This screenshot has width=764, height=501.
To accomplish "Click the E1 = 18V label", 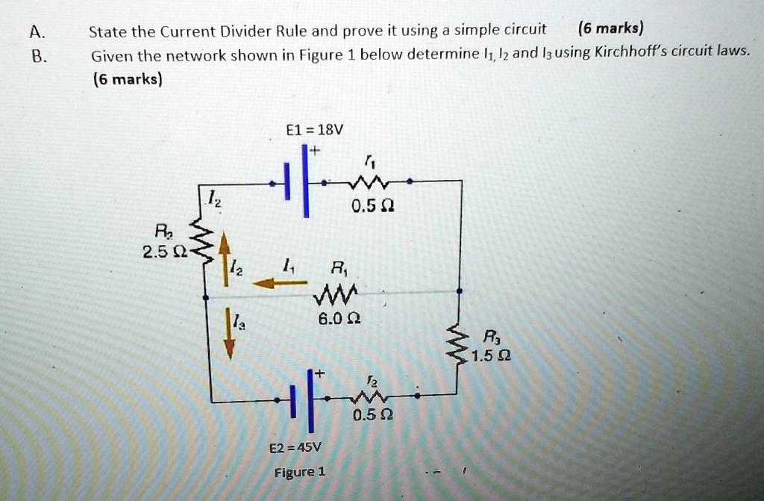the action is [314, 130].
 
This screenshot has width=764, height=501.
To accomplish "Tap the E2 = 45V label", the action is [295, 447].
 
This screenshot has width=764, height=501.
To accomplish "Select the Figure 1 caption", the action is [299, 472].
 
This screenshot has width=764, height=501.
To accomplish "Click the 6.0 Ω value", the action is [339, 319].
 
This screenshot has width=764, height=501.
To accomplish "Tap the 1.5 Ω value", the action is [491, 356].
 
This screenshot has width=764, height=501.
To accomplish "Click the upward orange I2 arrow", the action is [225, 258].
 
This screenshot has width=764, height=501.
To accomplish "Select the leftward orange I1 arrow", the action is [280, 282].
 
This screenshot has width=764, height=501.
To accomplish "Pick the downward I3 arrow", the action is [229, 334].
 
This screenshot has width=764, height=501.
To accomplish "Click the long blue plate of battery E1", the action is [305, 181].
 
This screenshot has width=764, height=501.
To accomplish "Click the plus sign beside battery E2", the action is [319, 373].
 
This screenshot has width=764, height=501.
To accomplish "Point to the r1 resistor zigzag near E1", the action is [369, 184].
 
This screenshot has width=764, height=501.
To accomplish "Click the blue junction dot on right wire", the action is [459, 291].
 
